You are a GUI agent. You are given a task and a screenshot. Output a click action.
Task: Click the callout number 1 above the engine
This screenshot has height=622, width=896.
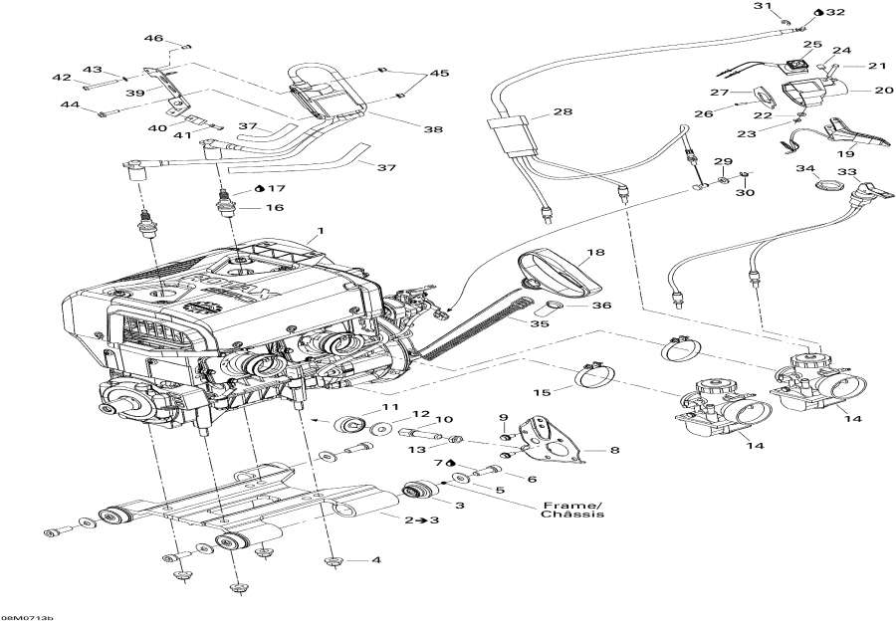pyautogui.click(x=320, y=232)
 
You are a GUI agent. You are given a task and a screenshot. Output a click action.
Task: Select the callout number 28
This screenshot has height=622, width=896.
pyautogui.click(x=563, y=112)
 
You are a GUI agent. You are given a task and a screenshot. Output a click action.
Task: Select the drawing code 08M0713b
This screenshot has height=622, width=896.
pyautogui.click(x=27, y=616)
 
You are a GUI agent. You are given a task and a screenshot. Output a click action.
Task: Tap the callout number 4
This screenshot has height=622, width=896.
pyautogui.click(x=376, y=559)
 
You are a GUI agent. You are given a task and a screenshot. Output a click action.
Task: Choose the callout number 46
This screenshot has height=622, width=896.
pyautogui.click(x=153, y=38)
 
